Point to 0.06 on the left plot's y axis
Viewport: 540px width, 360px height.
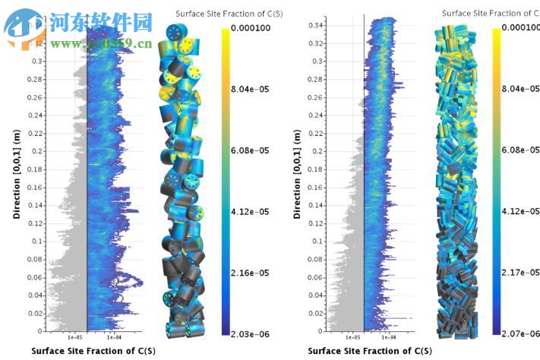34,277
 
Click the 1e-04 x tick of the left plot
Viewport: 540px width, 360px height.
113,337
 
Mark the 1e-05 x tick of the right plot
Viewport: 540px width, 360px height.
353,337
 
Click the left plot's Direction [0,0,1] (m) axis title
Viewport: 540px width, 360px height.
16,174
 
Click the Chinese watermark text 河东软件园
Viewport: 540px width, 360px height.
101,23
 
